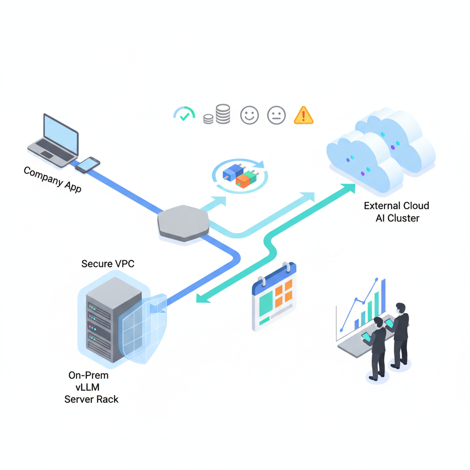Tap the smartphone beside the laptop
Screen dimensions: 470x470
click(x=87, y=164)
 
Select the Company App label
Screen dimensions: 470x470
click(x=52, y=179)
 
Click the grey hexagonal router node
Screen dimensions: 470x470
click(x=183, y=222)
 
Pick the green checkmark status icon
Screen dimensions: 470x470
click(x=185, y=115)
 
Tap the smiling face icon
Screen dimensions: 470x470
click(x=250, y=115)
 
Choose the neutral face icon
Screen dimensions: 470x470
click(x=276, y=115)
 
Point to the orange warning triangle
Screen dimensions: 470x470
click(x=303, y=115)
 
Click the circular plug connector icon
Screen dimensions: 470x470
click(x=240, y=176)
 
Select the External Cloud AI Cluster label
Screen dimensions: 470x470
click(x=397, y=212)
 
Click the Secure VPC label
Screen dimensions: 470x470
click(x=108, y=263)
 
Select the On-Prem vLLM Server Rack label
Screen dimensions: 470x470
click(x=91, y=387)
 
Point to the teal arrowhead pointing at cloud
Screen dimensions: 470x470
click(x=348, y=188)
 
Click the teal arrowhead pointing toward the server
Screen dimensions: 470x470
click(x=202, y=298)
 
